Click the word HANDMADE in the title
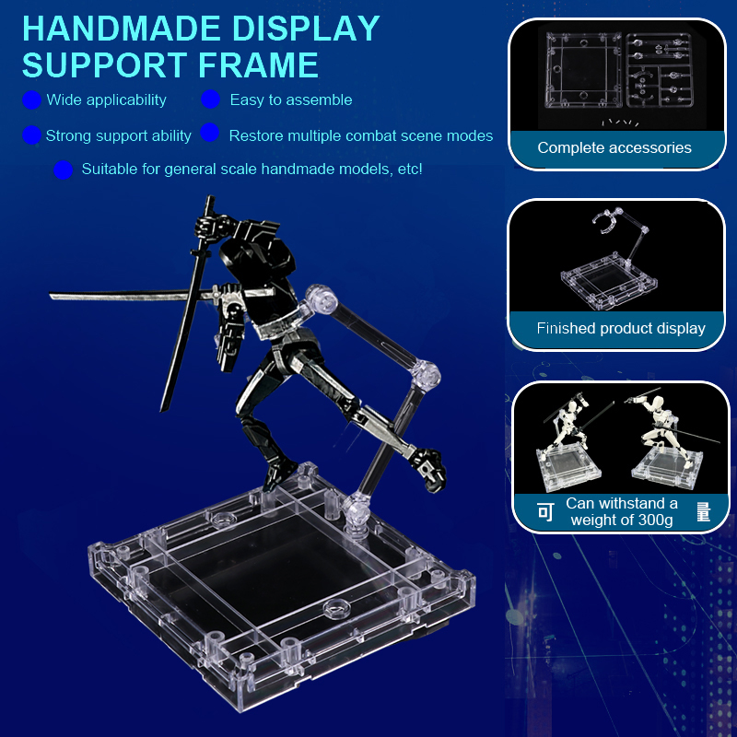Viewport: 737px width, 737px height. click(122, 29)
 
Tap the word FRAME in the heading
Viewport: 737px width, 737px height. click(258, 64)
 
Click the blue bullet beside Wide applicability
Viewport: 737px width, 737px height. click(31, 100)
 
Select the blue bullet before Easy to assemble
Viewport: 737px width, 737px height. click(210, 99)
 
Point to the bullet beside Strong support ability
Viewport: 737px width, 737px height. click(31, 135)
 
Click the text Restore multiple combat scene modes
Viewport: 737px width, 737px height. click(361, 135)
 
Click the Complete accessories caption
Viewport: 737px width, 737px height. click(614, 147)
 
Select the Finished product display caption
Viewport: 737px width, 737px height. click(621, 328)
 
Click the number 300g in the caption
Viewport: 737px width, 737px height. click(655, 521)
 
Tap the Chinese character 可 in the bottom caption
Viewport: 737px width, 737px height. click(545, 512)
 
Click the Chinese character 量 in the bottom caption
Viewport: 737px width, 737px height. click(703, 512)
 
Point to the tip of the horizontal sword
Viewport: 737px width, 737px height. click(50, 295)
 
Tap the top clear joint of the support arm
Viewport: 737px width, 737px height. click(321, 298)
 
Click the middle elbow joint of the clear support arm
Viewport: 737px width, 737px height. click(425, 375)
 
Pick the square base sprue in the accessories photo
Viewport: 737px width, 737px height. click(583, 71)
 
